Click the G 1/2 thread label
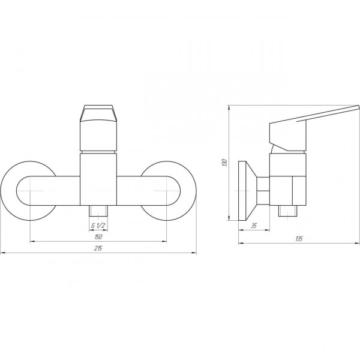click(x=98, y=226)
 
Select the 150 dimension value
click(x=98, y=237)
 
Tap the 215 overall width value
click(x=98, y=248)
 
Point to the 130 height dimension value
click(x=225, y=163)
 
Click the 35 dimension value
click(x=253, y=226)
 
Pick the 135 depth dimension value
click(x=299, y=239)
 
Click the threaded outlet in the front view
click(x=98, y=211)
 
